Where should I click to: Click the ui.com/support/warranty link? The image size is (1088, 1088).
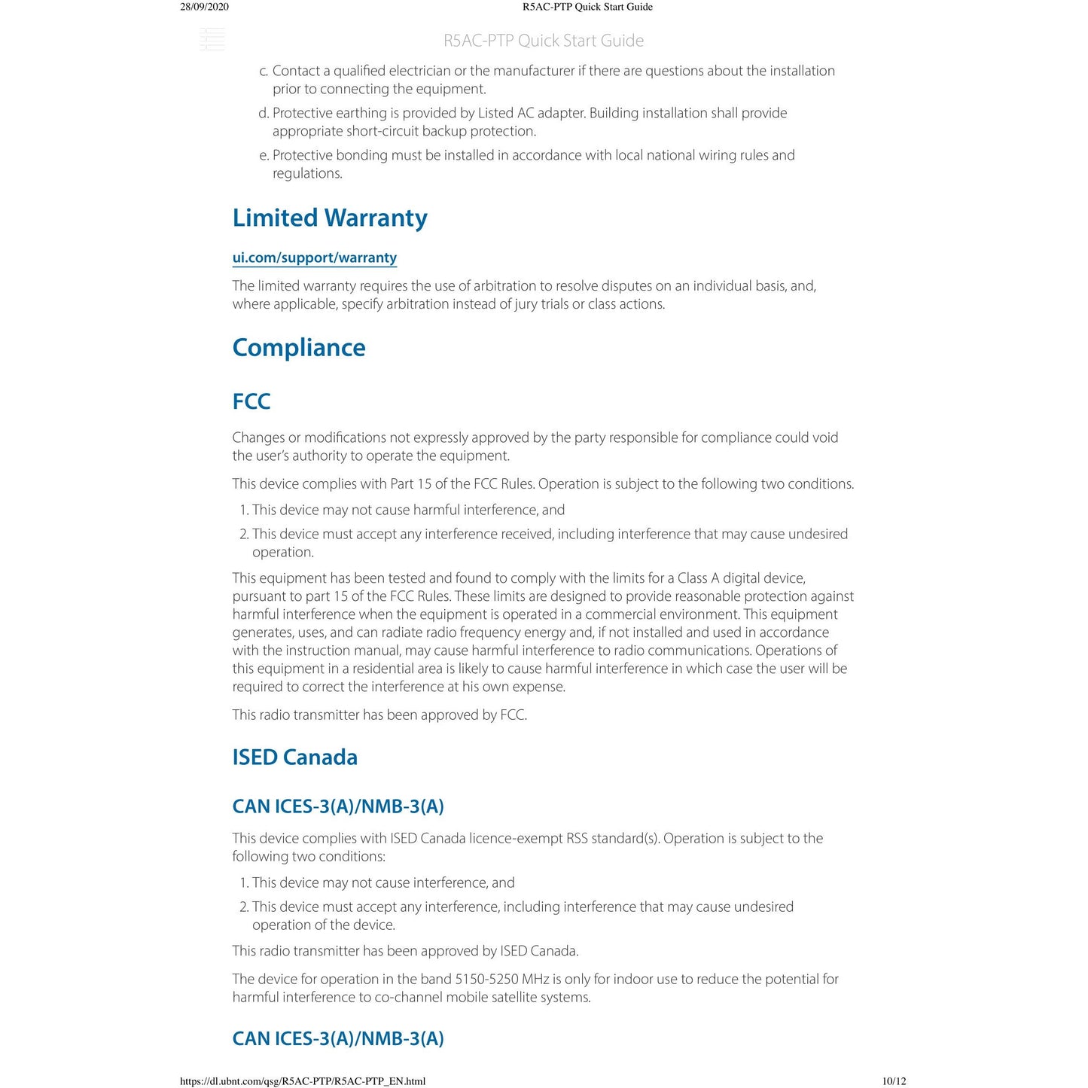click(x=314, y=258)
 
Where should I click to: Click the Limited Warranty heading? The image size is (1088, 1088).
click(x=329, y=218)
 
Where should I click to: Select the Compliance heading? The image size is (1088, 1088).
click(x=298, y=347)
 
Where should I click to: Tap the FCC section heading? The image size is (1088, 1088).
click(x=251, y=401)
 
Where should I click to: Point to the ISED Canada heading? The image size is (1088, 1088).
click(x=294, y=757)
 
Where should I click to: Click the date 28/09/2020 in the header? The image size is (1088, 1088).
click(x=204, y=7)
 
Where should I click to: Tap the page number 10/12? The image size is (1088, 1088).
click(x=894, y=1081)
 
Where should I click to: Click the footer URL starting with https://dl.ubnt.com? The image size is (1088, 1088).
click(x=302, y=1081)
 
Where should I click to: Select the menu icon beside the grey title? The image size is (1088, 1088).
click(x=212, y=39)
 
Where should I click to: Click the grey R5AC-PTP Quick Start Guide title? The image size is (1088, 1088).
click(x=543, y=41)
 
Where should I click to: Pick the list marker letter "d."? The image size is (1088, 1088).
click(x=264, y=113)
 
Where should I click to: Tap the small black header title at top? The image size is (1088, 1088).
click(x=587, y=7)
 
